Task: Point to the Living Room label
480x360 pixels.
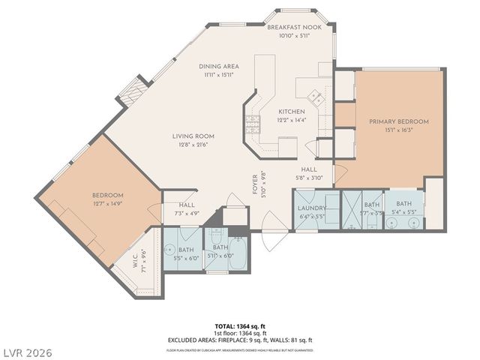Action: [193, 136]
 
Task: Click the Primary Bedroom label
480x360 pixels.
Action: [397, 121]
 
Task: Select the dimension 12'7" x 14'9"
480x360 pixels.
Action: [108, 203]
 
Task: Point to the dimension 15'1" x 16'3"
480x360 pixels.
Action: [397, 129]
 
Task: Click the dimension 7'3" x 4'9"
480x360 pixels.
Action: [187, 213]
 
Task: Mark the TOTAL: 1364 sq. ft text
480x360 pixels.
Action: [240, 326]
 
